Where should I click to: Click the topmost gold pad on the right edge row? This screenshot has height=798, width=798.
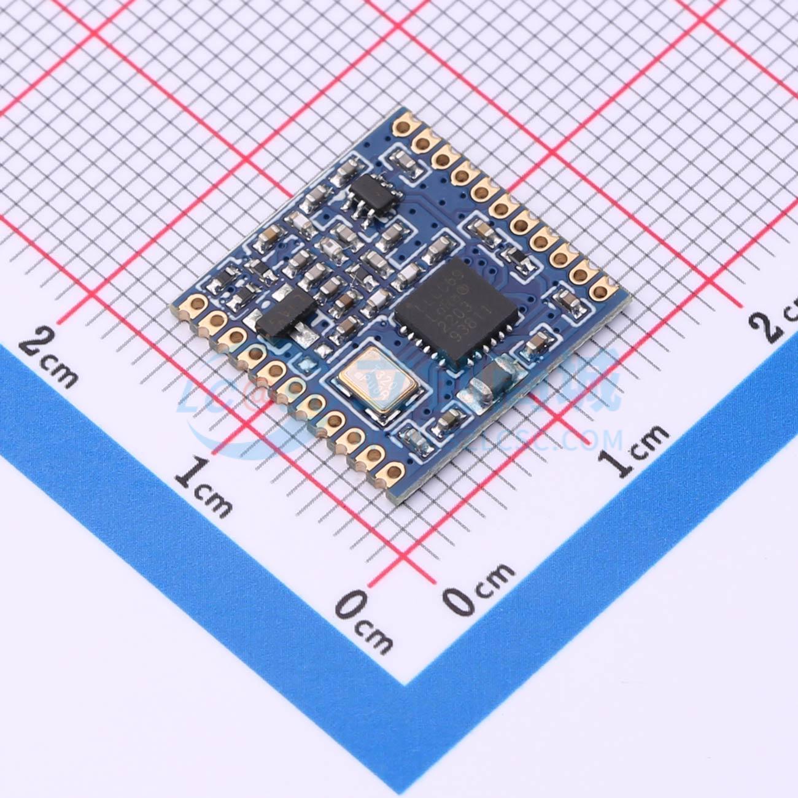404,128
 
